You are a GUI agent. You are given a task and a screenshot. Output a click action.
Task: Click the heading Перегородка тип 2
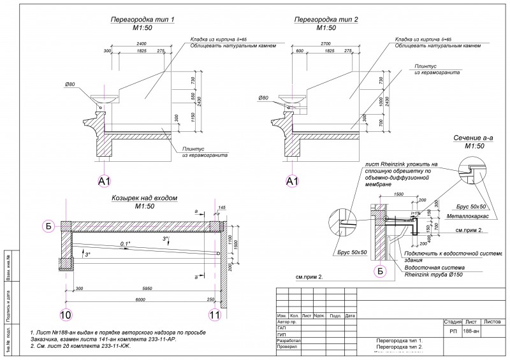(326, 20)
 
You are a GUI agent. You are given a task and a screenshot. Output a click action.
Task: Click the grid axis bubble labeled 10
(66, 314)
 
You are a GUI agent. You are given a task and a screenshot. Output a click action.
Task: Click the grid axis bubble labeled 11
(215, 314)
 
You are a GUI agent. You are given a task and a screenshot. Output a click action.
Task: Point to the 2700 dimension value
(325, 43)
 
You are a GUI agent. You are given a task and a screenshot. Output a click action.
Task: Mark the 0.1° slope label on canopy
(125, 244)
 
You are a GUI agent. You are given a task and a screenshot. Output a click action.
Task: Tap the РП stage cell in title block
(453, 332)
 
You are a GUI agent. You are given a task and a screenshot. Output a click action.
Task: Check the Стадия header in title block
(452, 323)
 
